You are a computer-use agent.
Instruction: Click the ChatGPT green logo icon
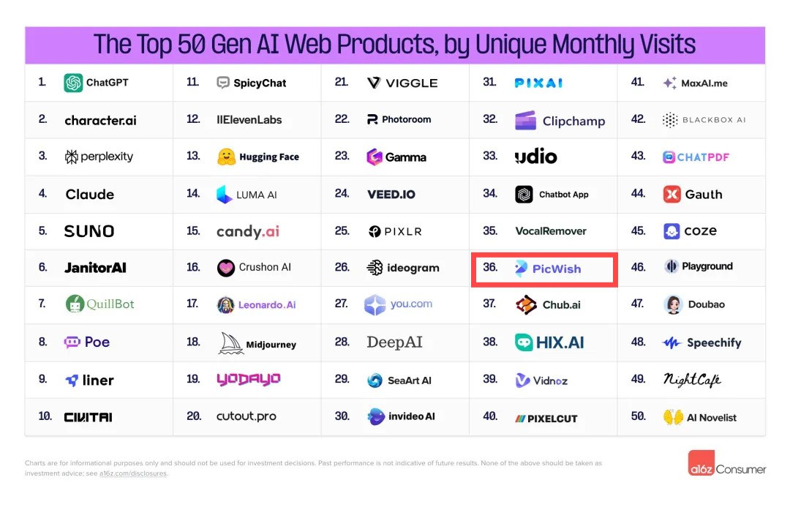point(73,83)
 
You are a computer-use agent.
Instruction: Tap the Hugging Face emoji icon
point(226,157)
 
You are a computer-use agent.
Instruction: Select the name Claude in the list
point(90,194)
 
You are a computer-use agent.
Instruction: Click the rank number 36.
point(490,268)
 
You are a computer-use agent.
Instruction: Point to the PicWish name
point(557,269)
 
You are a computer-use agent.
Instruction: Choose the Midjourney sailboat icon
point(231,343)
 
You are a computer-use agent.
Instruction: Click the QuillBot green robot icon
point(75,304)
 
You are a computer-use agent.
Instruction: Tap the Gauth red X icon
point(671,194)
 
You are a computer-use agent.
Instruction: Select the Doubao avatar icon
point(673,304)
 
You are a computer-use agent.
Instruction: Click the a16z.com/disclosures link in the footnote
point(133,473)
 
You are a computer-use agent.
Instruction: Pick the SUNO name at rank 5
point(89,231)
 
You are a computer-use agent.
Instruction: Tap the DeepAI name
point(394,342)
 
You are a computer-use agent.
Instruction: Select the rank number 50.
point(638,416)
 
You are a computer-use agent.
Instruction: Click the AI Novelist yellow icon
point(673,417)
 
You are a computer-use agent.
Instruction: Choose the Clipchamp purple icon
point(525,120)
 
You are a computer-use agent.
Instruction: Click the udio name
point(535,157)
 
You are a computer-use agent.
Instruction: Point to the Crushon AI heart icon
point(226,268)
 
